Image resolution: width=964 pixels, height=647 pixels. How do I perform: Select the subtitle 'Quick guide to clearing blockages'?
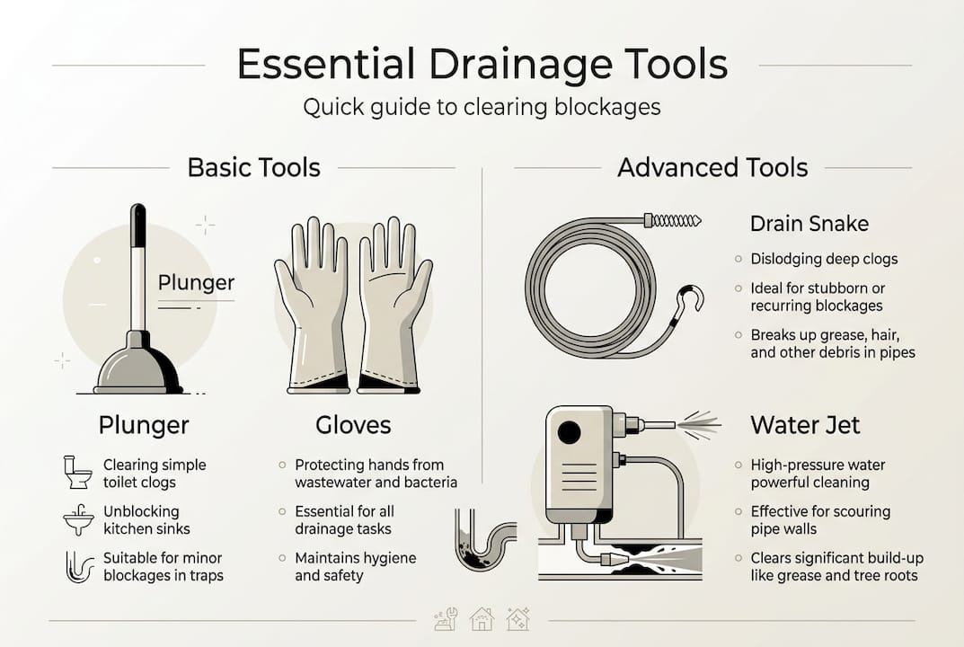(x=482, y=107)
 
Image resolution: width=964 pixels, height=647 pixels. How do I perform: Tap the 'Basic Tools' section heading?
(x=253, y=167)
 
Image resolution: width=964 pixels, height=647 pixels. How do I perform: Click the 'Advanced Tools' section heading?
(x=712, y=167)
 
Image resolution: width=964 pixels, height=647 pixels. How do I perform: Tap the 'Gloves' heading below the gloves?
(x=353, y=424)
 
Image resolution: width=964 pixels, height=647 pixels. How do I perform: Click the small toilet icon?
(x=77, y=473)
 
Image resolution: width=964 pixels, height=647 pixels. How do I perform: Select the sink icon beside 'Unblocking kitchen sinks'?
(x=78, y=519)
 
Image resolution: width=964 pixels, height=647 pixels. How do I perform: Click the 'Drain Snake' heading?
(x=809, y=223)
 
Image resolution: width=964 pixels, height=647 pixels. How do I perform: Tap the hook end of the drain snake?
(x=690, y=300)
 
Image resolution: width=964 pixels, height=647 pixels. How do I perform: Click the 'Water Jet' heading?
(x=805, y=424)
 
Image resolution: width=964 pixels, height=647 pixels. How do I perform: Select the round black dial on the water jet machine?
(x=569, y=432)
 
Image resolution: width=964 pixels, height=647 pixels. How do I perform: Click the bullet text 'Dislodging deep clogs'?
(x=824, y=259)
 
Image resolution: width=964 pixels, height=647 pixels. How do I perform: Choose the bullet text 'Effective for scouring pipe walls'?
(x=819, y=519)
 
